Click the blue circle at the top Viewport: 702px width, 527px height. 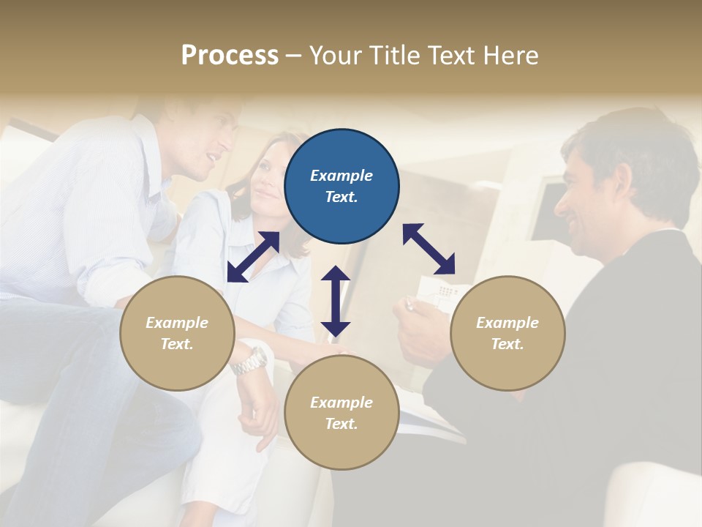[x=341, y=187]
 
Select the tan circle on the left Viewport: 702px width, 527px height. [x=177, y=333]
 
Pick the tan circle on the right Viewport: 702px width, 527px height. [x=507, y=333]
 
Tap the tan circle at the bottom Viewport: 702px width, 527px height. [x=341, y=413]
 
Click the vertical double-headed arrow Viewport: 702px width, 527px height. [x=336, y=301]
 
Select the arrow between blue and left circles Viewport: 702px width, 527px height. [x=253, y=257]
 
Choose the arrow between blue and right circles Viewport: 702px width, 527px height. [x=429, y=249]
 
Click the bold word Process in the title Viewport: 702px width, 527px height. [x=230, y=56]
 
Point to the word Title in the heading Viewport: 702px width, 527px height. [x=393, y=56]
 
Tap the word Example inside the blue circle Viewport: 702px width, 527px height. [x=341, y=176]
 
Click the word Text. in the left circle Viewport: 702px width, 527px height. [x=177, y=344]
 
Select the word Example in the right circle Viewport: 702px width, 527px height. [x=507, y=323]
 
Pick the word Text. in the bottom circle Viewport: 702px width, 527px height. [x=341, y=424]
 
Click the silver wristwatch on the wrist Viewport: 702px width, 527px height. [x=250, y=361]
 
